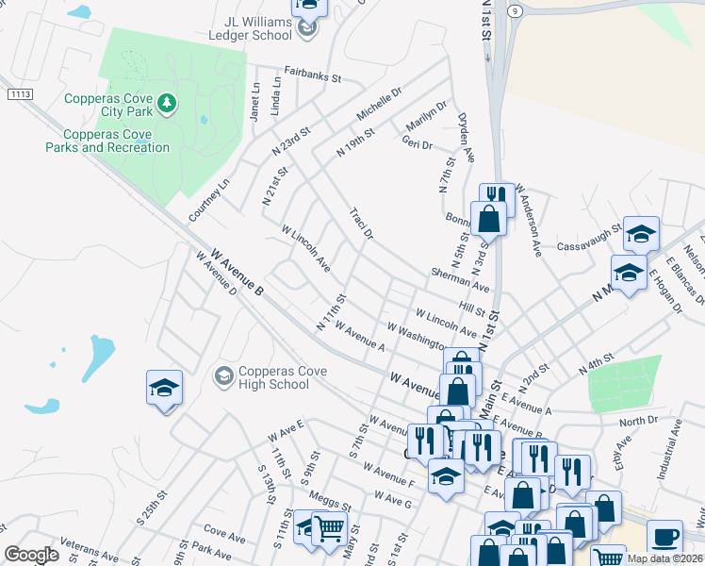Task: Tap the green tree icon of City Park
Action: tap(167, 103)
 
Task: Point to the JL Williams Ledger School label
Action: tap(246, 28)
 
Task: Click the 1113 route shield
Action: tap(19, 93)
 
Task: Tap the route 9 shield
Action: tap(514, 10)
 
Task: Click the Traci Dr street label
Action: tap(362, 223)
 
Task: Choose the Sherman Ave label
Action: tap(460, 278)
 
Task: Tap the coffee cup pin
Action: tap(664, 536)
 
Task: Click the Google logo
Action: tap(31, 555)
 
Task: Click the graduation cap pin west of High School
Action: tap(164, 388)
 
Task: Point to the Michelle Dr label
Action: tap(379, 104)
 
